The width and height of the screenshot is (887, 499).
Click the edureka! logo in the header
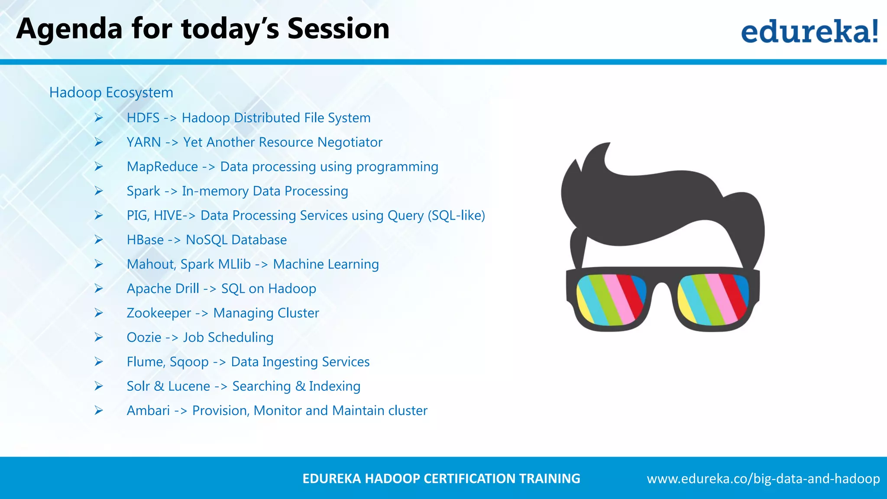[x=809, y=31]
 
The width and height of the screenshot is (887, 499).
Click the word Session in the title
[x=338, y=29]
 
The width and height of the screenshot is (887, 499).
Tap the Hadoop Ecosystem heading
[x=111, y=92]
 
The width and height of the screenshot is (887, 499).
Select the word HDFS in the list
[x=143, y=118]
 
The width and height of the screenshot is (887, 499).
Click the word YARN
[x=143, y=142]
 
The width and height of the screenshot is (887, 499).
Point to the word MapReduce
[x=162, y=167]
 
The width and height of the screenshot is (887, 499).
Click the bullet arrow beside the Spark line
[x=99, y=191]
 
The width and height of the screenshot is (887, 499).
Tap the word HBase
[x=145, y=240]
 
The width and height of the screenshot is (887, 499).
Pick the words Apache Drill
[x=163, y=288]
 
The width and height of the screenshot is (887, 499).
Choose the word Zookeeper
[x=159, y=313]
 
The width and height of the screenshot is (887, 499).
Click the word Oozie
[x=144, y=337]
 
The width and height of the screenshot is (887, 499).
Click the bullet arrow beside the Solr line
[x=99, y=386]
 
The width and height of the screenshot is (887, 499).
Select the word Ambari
[x=148, y=411]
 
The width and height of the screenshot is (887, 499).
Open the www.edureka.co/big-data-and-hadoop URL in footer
[x=763, y=479]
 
